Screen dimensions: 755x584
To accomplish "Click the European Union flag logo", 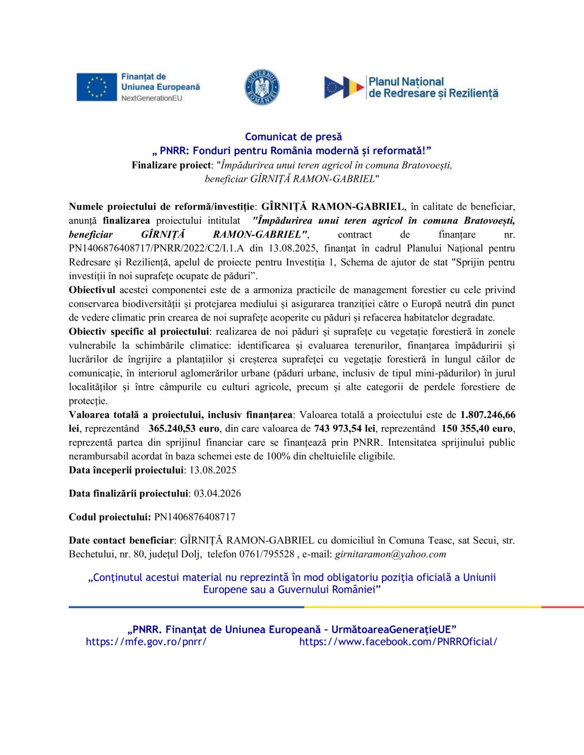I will (x=96, y=87).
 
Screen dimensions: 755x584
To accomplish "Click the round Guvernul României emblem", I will (x=262, y=87).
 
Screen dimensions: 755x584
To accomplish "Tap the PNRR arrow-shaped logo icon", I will (x=343, y=87).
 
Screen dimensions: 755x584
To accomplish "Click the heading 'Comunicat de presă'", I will (x=293, y=137).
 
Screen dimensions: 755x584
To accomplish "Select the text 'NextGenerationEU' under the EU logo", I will (x=152, y=98).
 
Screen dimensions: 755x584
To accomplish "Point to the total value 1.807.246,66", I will (x=488, y=415).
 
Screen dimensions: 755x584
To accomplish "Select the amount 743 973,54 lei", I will (x=344, y=429).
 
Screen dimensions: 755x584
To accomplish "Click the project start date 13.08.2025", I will (x=213, y=470).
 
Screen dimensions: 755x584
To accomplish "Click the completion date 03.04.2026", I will (x=217, y=494).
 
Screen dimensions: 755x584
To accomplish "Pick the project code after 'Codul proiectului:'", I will (x=195, y=517).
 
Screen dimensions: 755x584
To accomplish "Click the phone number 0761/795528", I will (x=267, y=554).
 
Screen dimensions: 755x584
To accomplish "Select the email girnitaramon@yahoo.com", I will (x=391, y=554).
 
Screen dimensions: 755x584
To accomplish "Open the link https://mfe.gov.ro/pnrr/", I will (x=146, y=641).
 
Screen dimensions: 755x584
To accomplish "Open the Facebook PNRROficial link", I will (x=398, y=641).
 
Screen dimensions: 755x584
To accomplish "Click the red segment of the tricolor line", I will (x=562, y=607).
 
